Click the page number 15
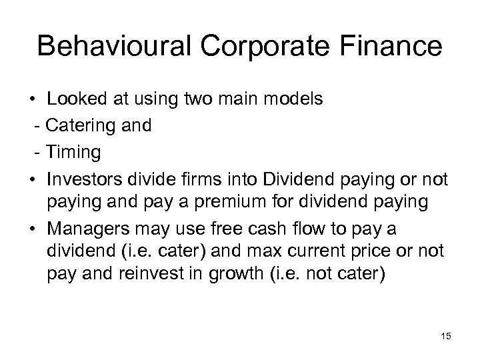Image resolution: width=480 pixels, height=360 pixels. click(445, 337)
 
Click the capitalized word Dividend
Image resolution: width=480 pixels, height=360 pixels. click(295, 179)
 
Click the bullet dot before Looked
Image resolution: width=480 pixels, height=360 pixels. click(32, 100)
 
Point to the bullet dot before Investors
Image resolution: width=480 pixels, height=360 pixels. click(32, 180)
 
